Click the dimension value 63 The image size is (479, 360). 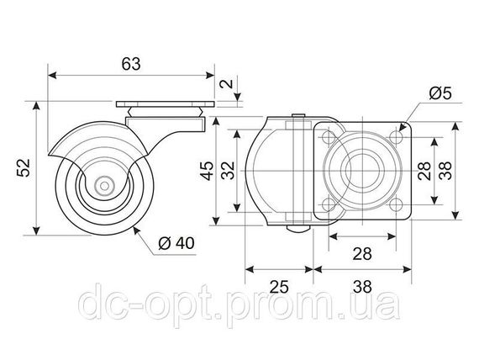coord(131,64)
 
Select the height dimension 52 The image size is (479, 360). coord(24,167)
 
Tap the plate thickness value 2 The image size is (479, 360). coord(227,84)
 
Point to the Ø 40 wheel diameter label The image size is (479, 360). coord(176,243)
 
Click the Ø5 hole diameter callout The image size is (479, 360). coord(440,93)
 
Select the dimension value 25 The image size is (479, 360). coord(279,287)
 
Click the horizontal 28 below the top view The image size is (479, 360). coord(362,253)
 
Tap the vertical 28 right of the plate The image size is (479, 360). coord(424,171)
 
